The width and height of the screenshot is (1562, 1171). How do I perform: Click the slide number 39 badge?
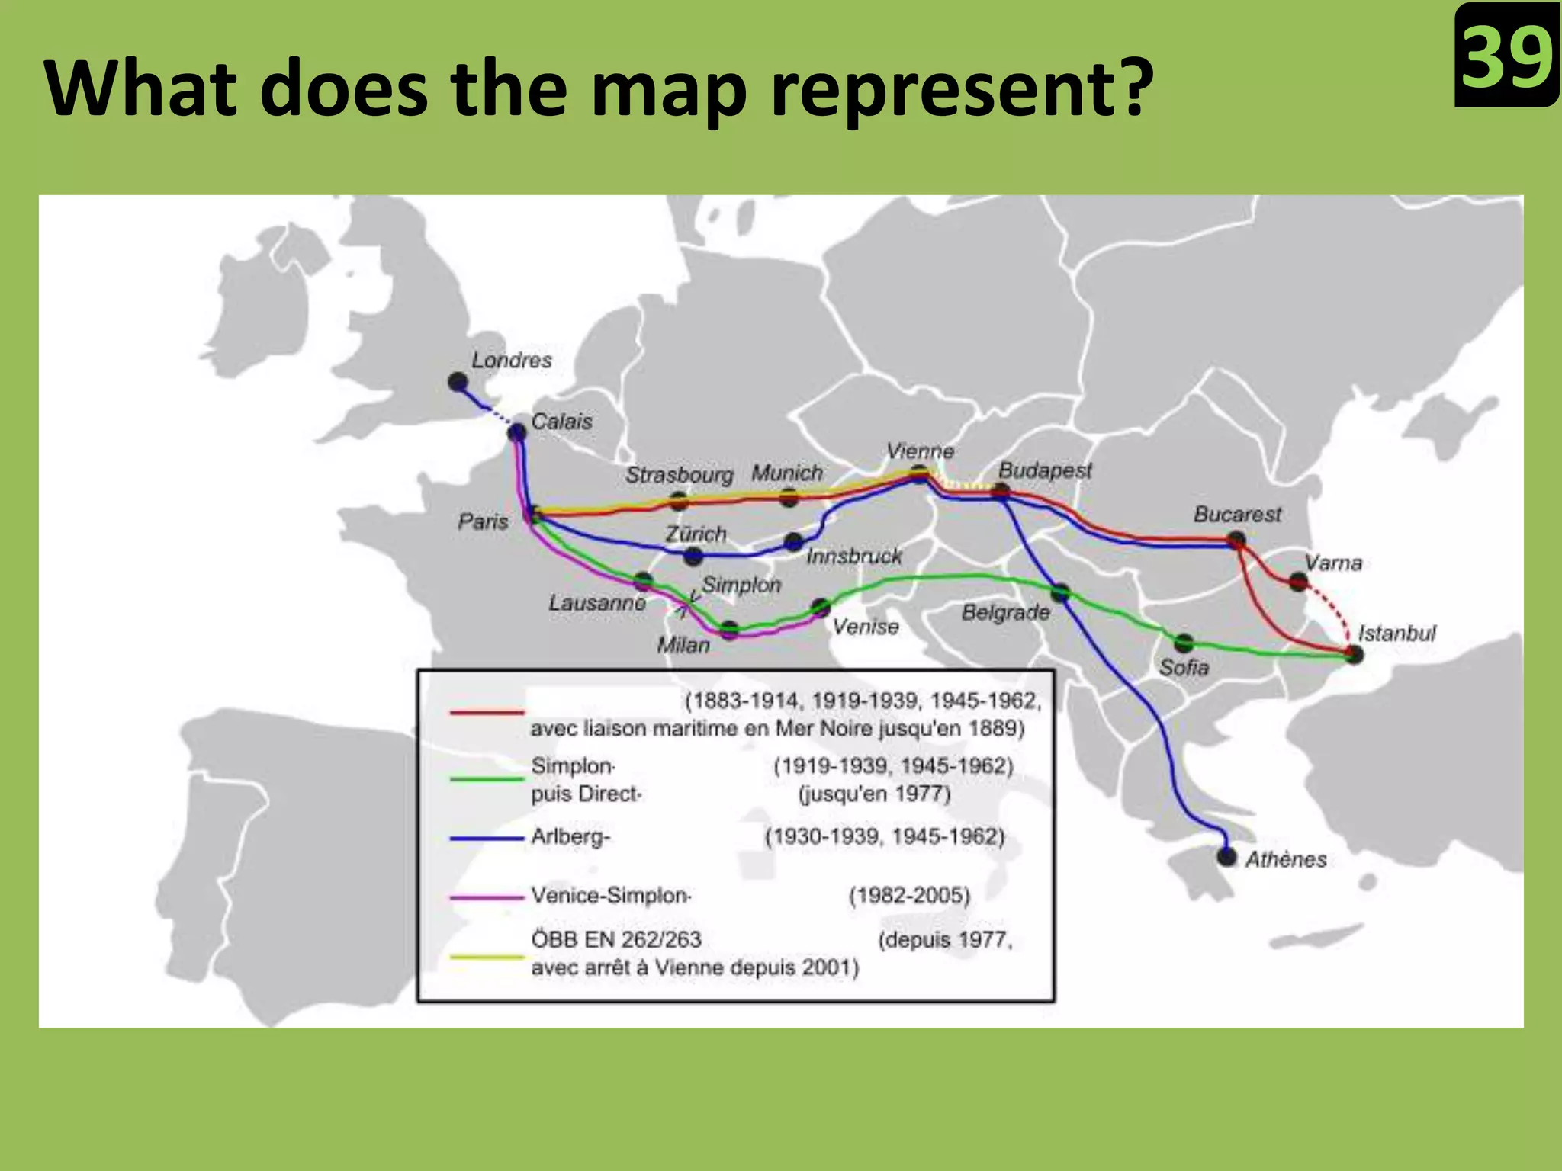pos(1506,56)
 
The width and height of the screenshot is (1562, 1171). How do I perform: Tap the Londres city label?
pos(511,360)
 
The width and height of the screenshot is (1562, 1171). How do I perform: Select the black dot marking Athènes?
pos(1226,856)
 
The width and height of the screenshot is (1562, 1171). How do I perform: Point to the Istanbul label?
pos(1396,633)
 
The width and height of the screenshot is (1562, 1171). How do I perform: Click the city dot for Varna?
pos(1298,582)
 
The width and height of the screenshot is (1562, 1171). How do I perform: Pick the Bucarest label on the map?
pos(1237,515)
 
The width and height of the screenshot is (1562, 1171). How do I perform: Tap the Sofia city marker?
pos(1184,643)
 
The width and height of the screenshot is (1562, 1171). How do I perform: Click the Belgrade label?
pos(1005,612)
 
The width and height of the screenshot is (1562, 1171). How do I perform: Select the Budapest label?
pos(1045,470)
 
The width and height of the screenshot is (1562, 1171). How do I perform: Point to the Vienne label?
pos(920,451)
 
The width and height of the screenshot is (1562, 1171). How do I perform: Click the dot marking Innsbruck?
pos(793,542)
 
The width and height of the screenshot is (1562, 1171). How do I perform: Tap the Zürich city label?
pos(696,534)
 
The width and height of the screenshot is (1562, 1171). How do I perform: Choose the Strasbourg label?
pos(679,475)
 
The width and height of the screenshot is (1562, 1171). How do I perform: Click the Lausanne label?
pos(597,603)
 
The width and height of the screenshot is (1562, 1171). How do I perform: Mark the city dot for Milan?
pos(730,630)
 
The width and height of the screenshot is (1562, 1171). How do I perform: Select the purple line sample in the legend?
pos(487,897)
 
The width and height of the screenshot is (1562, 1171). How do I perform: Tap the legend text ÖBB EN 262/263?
pos(616,939)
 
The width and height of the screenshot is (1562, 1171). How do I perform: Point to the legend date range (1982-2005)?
pos(909,895)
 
